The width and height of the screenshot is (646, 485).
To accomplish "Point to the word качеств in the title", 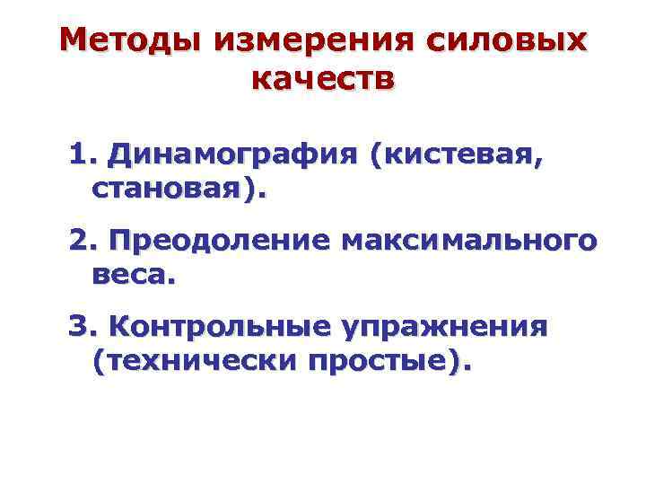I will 323,79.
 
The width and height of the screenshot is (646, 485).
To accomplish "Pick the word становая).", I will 179,190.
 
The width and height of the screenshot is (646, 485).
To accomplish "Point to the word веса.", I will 134,275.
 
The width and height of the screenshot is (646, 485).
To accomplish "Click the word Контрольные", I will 214,325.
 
